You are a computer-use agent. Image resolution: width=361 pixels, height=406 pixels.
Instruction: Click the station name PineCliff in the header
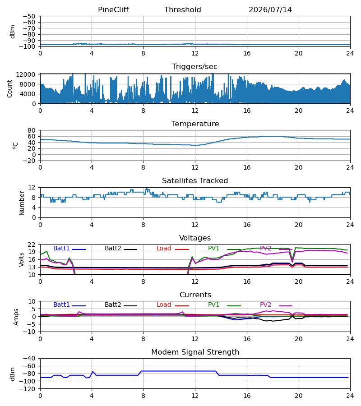[x=113, y=10]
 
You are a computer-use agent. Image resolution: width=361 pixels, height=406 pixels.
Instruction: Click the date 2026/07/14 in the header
[x=270, y=10]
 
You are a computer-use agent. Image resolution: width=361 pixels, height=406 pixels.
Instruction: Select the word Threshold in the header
[x=183, y=10]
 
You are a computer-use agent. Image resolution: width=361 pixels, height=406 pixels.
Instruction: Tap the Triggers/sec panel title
[x=195, y=67]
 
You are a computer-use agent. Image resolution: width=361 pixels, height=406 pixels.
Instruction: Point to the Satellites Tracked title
[x=195, y=181]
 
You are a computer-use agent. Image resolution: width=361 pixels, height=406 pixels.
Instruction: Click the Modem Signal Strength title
[x=195, y=352]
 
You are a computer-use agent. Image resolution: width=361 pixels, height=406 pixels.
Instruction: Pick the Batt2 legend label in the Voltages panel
[x=113, y=248]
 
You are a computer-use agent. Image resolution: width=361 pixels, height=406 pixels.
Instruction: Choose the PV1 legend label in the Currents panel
[x=213, y=305]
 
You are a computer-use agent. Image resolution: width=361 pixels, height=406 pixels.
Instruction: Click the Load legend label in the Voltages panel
[x=164, y=248]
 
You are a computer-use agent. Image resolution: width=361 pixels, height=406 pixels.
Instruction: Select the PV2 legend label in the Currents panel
[x=265, y=305]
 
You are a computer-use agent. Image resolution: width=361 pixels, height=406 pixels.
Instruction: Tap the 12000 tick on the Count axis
[x=26, y=74]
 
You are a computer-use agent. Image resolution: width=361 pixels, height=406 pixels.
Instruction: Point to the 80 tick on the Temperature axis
[x=32, y=130]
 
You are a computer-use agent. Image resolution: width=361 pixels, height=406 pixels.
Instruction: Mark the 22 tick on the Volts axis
[x=32, y=245]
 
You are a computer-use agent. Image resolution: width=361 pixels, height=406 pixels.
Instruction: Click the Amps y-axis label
[x=16, y=317]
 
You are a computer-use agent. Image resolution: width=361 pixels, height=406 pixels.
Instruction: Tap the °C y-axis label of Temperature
[x=15, y=146]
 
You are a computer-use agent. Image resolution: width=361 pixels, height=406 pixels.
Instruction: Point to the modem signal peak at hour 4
[x=93, y=371]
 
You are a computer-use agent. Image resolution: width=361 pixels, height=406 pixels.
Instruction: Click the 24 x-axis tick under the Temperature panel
[x=350, y=167]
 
